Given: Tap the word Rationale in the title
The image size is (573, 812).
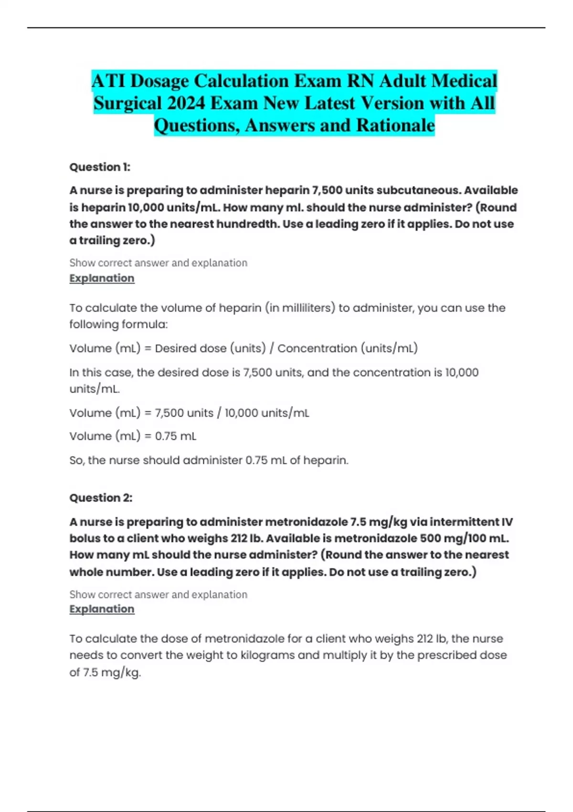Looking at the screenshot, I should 395,126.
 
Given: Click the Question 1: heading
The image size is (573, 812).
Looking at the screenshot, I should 100,167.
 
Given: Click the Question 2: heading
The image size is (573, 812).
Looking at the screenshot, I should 101,498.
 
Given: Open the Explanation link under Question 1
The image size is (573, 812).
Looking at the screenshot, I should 102,278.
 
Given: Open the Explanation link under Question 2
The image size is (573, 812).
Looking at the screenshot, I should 102,609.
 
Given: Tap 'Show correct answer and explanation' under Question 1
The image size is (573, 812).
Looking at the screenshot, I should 158,263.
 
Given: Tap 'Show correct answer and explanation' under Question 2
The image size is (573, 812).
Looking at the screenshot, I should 158,595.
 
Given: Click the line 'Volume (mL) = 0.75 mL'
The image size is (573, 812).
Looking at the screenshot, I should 133,436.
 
